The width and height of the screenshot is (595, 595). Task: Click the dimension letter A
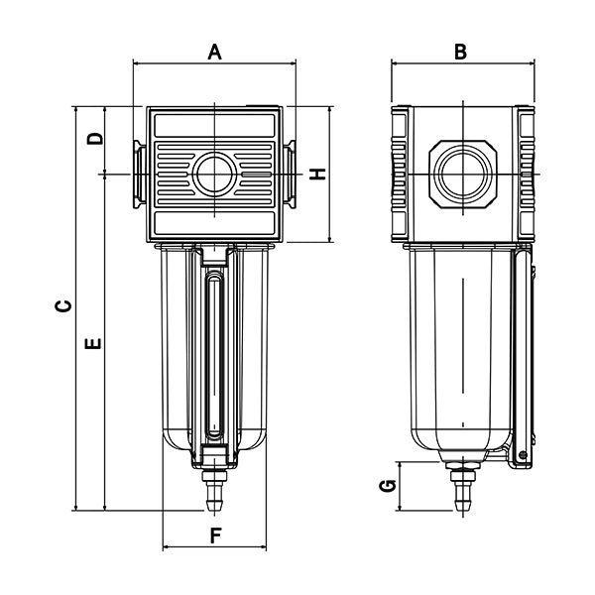tap(214, 52)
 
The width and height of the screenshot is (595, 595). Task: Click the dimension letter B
tap(460, 52)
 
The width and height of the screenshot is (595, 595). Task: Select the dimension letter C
tap(61, 307)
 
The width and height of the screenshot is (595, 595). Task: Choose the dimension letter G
tap(390, 485)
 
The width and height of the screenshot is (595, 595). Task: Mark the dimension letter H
tap(317, 175)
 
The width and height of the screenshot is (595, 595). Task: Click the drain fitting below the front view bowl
tap(214, 490)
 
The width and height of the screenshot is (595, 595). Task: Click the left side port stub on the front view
tap(139, 175)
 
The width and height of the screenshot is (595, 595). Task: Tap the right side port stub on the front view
tap(290, 175)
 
